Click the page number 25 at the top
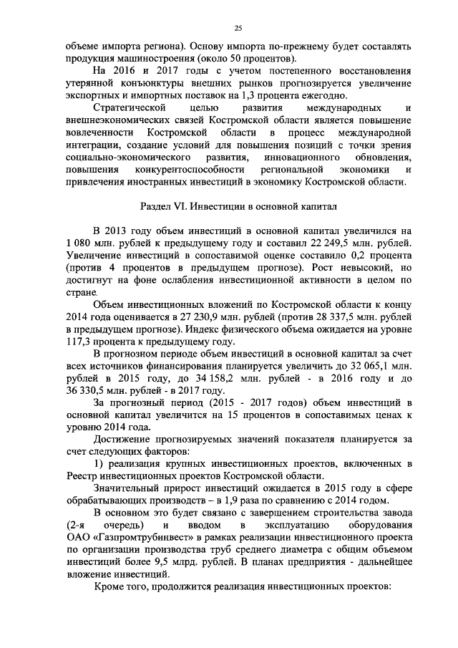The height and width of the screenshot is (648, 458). click(x=238, y=28)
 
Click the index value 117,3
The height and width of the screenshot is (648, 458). click(x=81, y=346)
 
